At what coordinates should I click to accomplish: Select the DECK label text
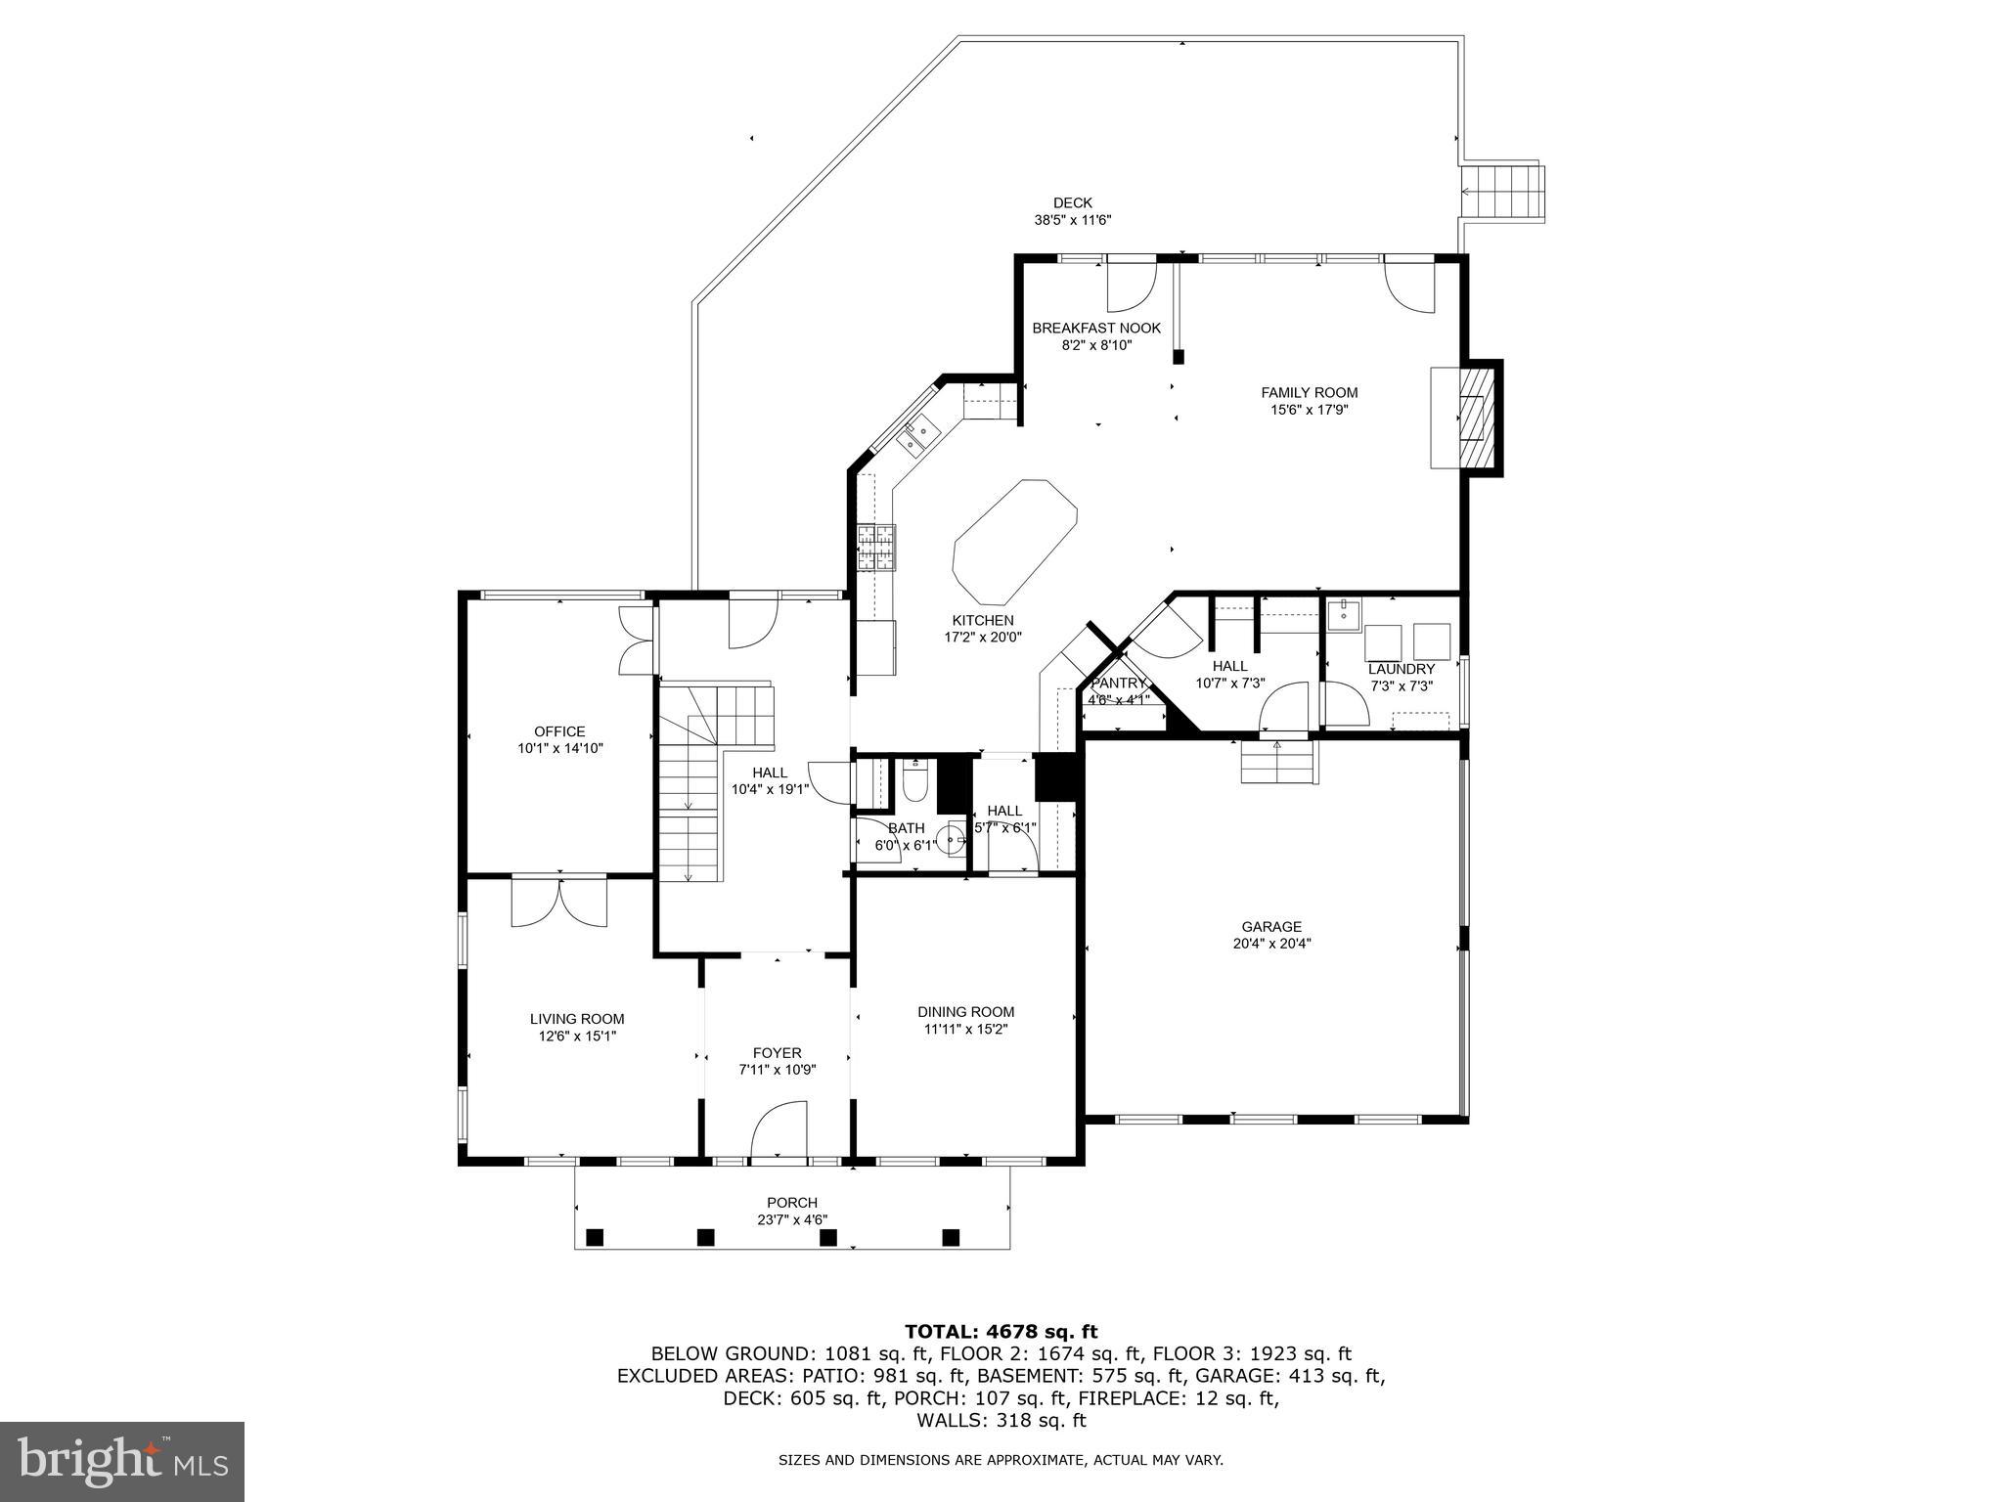1073,202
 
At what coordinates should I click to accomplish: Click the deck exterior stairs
1503,193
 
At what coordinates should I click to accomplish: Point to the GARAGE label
1271,926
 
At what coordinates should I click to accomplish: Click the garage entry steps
1278,763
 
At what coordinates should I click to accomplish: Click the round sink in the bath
951,838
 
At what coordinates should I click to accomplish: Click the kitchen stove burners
876,548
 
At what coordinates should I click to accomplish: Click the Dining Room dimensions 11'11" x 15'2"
965,1029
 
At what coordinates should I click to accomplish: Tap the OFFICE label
559,731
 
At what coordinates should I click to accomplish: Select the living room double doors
559,903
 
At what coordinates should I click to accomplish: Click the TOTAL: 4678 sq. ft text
1001,1331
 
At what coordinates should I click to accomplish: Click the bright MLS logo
122,1461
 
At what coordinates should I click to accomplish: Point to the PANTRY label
1118,683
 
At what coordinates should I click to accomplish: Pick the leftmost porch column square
594,1237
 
